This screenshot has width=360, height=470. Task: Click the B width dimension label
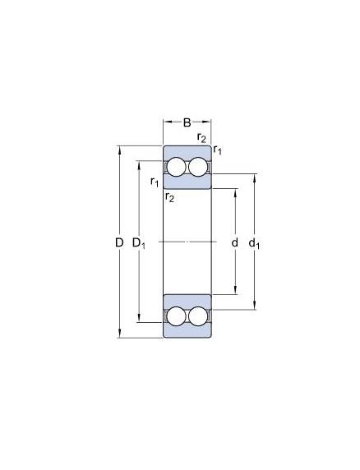tap(187, 122)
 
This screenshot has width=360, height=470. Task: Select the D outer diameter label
tap(119, 242)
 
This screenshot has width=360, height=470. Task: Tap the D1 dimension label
tap(139, 243)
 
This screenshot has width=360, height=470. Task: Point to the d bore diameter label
tap(235, 242)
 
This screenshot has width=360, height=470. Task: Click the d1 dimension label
tap(254, 243)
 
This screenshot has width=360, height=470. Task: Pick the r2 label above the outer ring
tap(201, 137)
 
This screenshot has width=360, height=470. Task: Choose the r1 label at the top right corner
tap(218, 150)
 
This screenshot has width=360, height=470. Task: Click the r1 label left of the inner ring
tap(155, 182)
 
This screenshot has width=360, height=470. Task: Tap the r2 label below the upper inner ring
tap(169, 197)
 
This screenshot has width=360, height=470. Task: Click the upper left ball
tap(176, 167)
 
